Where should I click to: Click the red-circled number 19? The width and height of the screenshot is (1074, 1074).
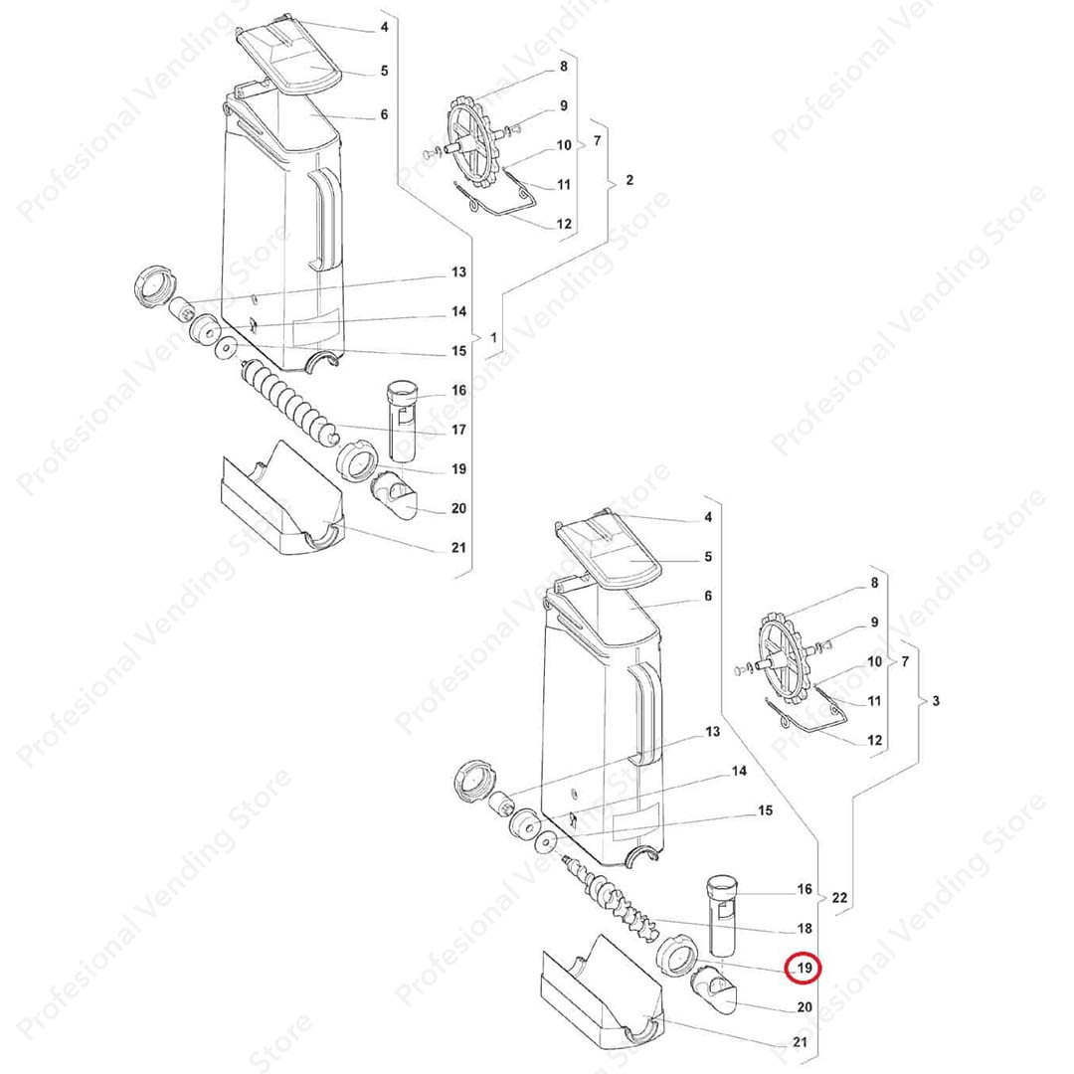click(x=805, y=968)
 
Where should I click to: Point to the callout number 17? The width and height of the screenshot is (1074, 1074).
click(x=458, y=430)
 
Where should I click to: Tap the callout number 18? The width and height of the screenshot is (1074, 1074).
click(x=805, y=928)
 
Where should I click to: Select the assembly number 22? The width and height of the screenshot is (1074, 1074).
click(x=839, y=897)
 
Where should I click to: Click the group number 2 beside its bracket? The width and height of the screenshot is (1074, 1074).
click(x=630, y=179)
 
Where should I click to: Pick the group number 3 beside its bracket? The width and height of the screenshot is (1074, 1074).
click(x=937, y=701)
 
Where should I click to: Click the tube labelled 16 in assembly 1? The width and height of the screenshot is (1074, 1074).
click(x=402, y=421)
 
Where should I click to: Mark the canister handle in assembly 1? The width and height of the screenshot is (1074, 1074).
click(x=326, y=219)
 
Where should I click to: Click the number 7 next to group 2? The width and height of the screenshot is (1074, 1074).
click(x=598, y=140)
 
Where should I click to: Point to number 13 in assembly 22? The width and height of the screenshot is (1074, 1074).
click(x=713, y=732)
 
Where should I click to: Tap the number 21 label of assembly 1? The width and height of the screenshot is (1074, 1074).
click(x=458, y=547)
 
